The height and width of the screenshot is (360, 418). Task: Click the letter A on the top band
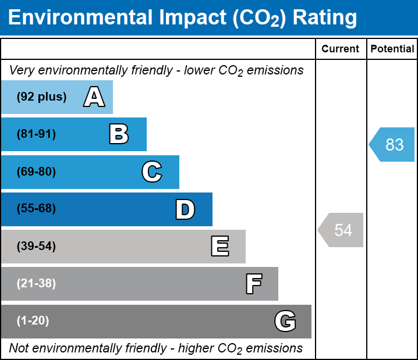(94, 97)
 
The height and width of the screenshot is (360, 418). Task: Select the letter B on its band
(119, 134)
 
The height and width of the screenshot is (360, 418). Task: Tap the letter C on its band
(152, 172)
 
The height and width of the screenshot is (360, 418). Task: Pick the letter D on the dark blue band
(185, 209)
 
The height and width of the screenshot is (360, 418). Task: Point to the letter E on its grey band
(219, 247)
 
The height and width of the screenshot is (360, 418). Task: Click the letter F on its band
(253, 284)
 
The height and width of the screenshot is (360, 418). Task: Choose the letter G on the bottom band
(285, 321)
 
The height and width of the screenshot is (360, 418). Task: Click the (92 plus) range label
(41, 97)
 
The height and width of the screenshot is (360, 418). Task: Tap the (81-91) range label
(36, 134)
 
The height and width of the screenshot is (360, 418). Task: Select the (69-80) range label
(36, 172)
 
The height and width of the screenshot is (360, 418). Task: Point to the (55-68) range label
(36, 209)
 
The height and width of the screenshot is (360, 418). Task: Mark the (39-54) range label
(36, 247)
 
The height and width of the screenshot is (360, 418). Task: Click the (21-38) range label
(36, 284)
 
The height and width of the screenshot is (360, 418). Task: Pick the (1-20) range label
(33, 321)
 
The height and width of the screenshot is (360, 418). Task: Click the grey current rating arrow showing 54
(342, 230)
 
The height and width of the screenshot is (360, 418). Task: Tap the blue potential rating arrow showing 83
(393, 144)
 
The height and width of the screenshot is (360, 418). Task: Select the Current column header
(341, 49)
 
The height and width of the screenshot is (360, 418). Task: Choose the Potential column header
(392, 49)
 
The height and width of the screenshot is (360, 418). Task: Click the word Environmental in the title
(80, 18)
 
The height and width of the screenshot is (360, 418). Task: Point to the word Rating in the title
(324, 18)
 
